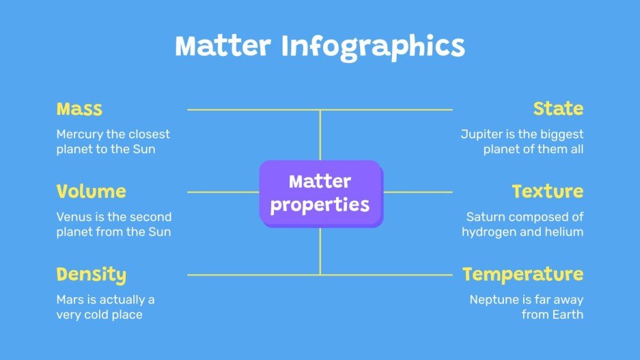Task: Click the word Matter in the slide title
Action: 224,46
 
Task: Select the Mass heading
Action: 79,109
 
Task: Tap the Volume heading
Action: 91,191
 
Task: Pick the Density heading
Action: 91,275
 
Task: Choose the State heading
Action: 558,109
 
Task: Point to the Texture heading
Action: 548,191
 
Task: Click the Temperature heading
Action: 523,275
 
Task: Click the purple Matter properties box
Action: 320,193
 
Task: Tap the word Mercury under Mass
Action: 80,135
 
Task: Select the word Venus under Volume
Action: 73,217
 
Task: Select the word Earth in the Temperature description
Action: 568,314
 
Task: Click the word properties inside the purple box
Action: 320,204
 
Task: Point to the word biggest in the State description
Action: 561,135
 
